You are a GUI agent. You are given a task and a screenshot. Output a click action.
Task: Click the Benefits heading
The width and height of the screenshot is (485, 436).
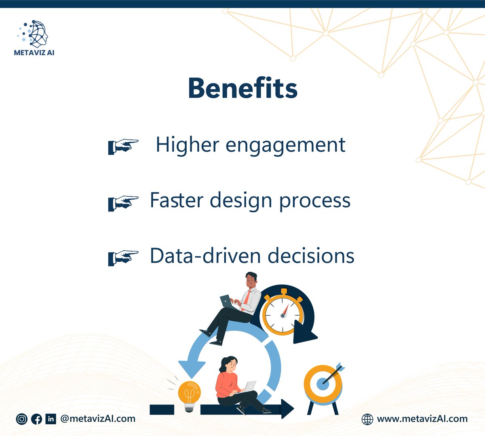point(242,88)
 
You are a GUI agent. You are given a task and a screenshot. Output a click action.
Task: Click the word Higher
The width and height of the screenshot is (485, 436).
point(188,145)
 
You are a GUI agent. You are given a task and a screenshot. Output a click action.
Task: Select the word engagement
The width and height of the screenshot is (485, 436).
point(285,145)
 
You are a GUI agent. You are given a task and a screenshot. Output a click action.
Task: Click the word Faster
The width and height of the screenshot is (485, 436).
point(176,200)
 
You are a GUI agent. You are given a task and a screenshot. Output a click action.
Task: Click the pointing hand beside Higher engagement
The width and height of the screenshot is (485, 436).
point(123,146)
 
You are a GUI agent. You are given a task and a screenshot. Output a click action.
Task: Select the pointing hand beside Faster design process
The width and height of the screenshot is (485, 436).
point(123,202)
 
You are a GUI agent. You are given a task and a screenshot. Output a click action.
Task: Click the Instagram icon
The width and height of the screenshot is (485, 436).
point(21,419)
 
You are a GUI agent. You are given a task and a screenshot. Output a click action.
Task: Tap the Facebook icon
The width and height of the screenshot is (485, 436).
point(36,419)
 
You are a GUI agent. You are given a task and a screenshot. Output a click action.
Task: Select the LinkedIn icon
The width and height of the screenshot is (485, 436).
point(51,419)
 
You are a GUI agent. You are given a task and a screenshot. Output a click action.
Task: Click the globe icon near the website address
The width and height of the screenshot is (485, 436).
point(367,419)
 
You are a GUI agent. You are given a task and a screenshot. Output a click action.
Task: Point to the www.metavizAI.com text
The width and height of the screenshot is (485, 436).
point(422,419)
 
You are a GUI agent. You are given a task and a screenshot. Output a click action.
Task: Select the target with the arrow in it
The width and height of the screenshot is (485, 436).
point(323,384)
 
